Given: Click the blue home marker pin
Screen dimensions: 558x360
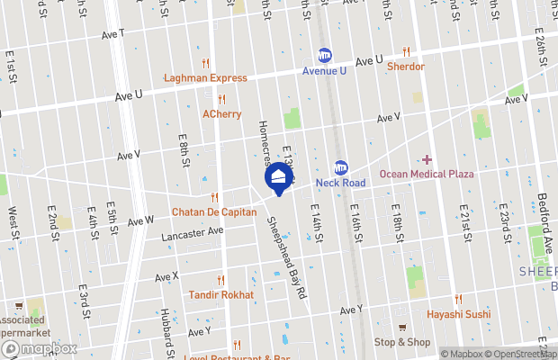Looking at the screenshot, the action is (279, 178).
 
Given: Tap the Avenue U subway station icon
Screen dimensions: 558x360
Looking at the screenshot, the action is (323, 55).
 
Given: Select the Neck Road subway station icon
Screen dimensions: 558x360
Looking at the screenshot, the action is (341, 167).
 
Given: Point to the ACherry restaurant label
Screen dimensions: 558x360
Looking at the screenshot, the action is (220, 114).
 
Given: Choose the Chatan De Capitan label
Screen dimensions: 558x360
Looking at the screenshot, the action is (214, 212).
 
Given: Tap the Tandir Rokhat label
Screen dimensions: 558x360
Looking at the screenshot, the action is (220, 294).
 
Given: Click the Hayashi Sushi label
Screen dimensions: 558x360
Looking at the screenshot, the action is (458, 313).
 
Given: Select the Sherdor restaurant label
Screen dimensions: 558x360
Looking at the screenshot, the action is (406, 66).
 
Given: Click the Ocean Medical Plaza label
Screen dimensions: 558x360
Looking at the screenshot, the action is (426, 174).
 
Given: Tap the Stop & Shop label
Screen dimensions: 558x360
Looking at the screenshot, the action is (402, 342).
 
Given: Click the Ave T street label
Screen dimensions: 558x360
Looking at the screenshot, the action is (114, 33).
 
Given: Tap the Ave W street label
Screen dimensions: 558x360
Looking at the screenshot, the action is (141, 220).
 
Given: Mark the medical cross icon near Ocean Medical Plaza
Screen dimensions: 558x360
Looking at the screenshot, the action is (427, 159).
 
